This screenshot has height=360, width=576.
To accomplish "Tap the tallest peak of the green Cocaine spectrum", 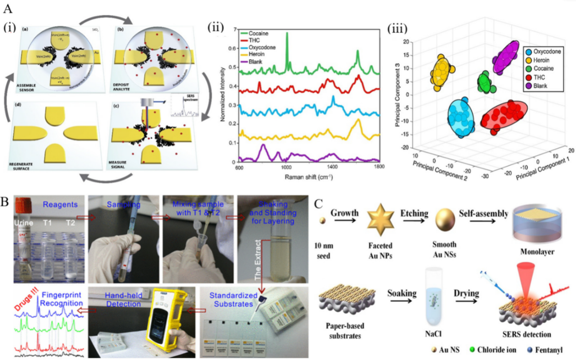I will pyautogui.click(x=287, y=34).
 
